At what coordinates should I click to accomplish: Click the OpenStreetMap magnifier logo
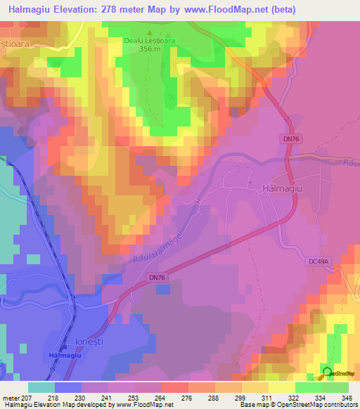(x=327, y=372)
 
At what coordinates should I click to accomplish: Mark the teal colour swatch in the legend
(x=41, y=387)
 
